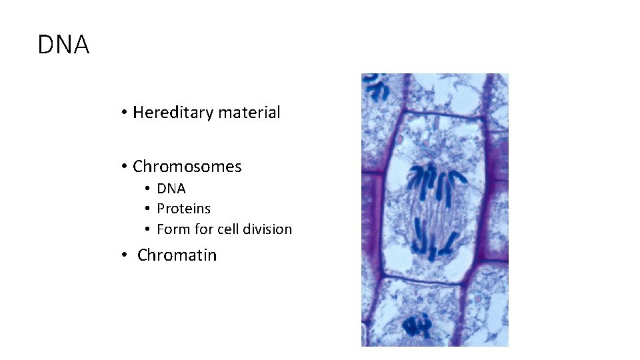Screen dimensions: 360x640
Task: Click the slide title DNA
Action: (63, 45)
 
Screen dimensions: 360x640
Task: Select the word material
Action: (250, 113)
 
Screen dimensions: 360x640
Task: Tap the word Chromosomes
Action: (187, 167)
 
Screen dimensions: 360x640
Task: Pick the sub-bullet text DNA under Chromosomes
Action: (171, 189)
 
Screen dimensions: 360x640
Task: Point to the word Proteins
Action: (183, 209)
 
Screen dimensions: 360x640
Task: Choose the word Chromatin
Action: (177, 255)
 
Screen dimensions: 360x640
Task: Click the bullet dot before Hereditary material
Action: (125, 113)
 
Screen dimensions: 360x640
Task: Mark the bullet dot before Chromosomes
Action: (125, 167)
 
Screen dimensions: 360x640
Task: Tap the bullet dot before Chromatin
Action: (125, 255)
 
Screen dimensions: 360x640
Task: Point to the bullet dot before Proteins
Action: (148, 209)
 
